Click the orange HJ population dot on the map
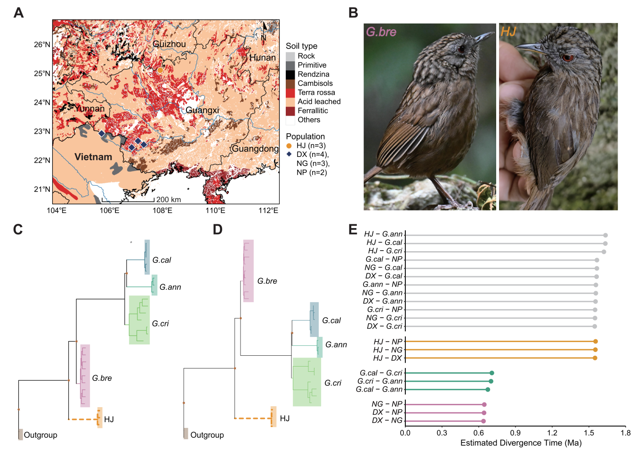pos(160,70)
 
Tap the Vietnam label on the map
pos(93,157)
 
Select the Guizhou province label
pos(169,44)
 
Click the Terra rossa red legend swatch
pos(290,93)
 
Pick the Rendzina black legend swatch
pos(290,74)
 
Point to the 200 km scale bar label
pos(169,200)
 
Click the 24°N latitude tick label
pos(42,102)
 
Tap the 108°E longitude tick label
pos(163,210)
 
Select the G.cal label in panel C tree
pos(162,260)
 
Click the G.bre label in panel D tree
pos(267,281)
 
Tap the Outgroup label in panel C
pos(40,435)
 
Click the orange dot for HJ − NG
pos(596,350)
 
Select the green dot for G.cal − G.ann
pos(488,390)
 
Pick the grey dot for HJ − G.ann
pos(605,235)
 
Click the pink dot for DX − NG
pos(483,421)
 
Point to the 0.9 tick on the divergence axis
pos(515,433)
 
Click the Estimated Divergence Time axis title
pos(521,443)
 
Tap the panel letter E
pos(353,229)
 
